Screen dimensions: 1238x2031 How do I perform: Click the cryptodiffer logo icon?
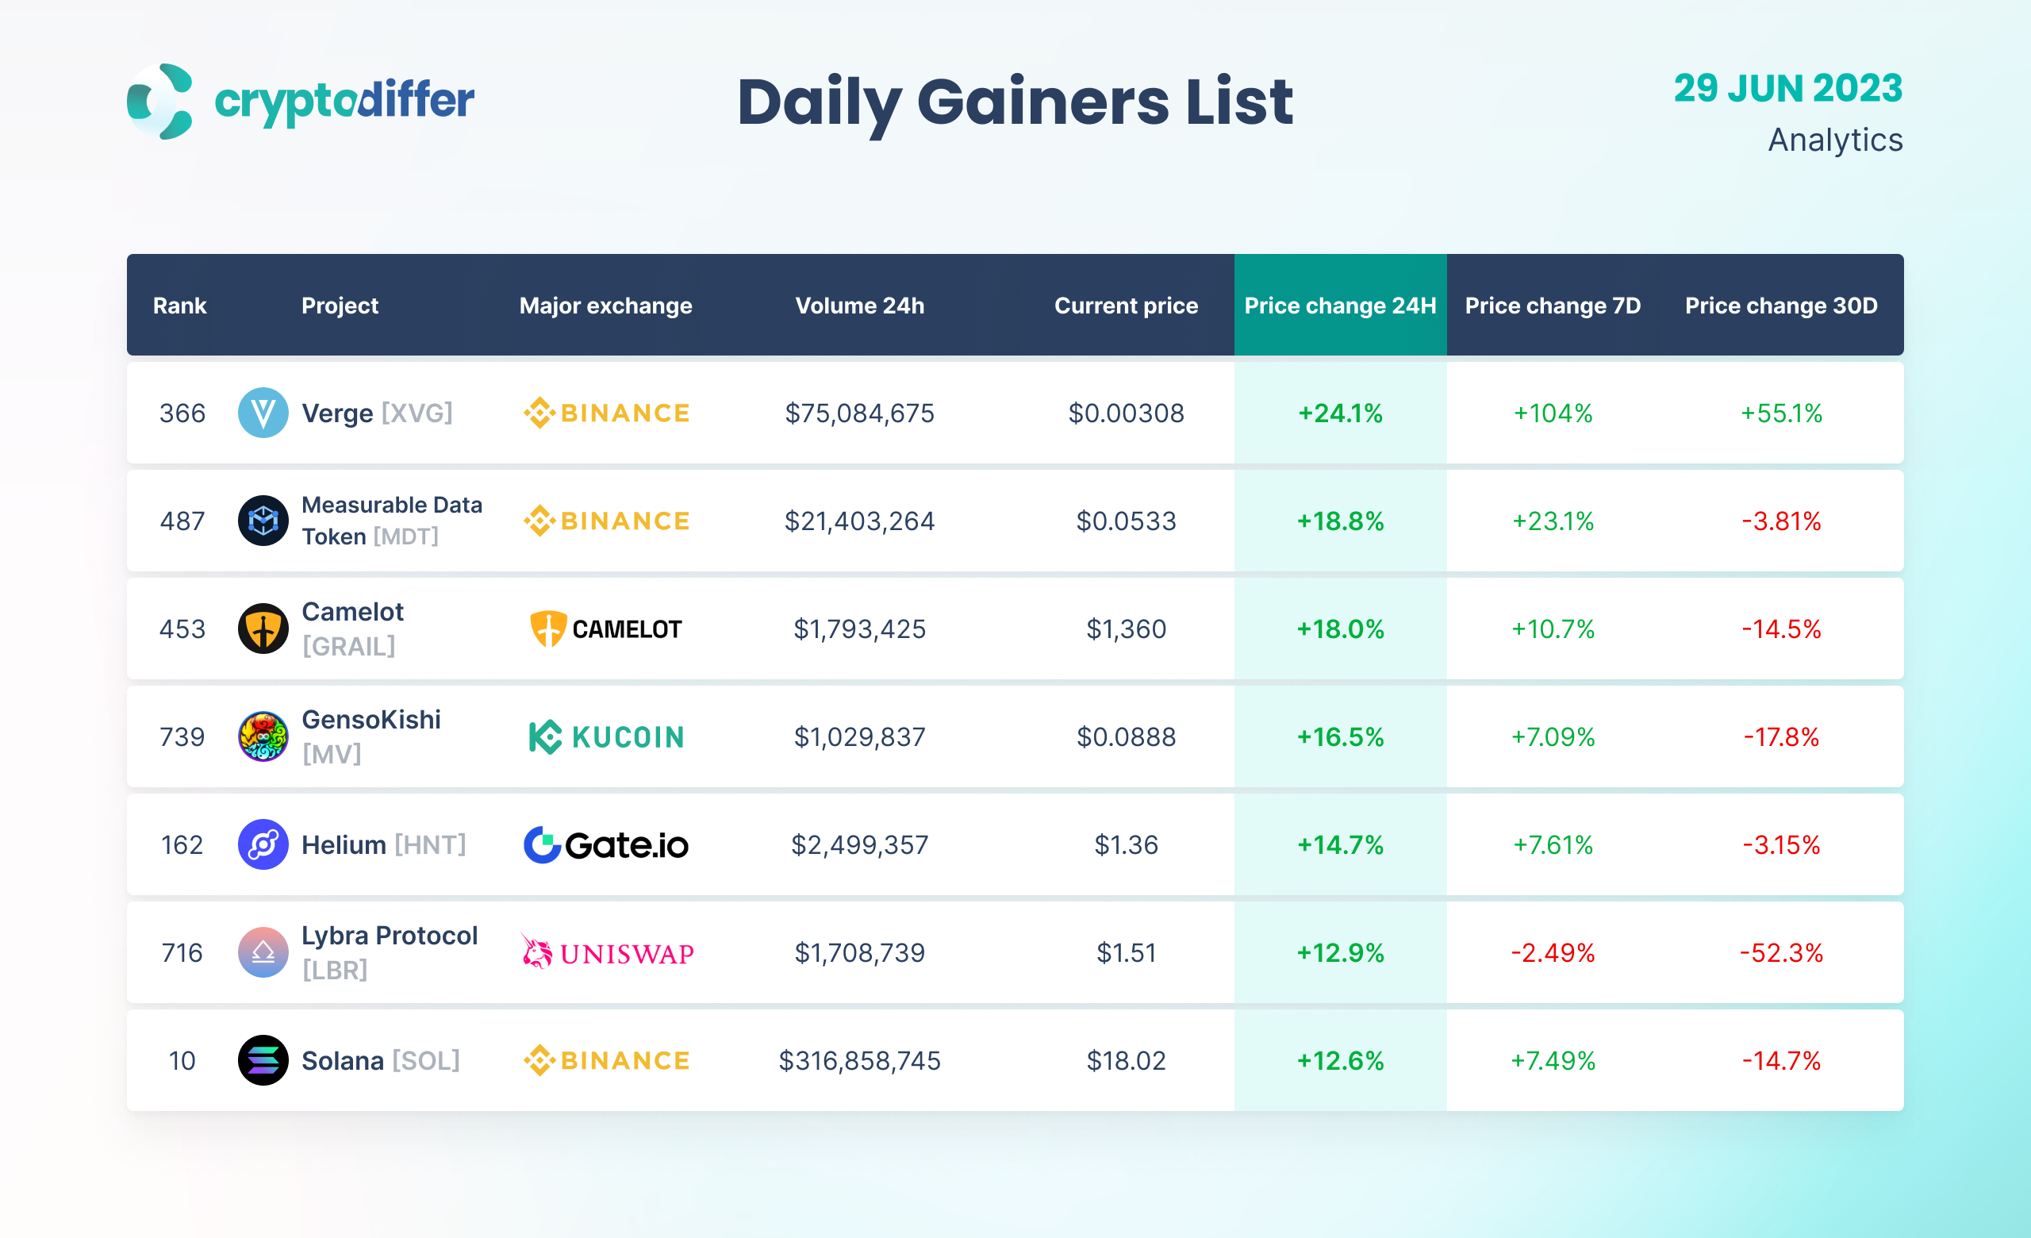pyautogui.click(x=160, y=102)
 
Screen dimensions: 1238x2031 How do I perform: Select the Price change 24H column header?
pyautogui.click(x=1339, y=306)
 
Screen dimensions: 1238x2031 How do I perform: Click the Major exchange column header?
pyautogui.click(x=605, y=306)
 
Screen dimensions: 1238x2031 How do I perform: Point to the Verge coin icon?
pyautogui.click(x=263, y=413)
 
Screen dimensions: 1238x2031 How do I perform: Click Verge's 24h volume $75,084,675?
pyautogui.click(x=859, y=413)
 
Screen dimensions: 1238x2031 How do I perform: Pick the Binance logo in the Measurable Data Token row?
pyautogui.click(x=607, y=521)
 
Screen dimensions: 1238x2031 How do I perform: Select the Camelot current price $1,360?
pyautogui.click(x=1125, y=629)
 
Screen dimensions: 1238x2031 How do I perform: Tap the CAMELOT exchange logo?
pyautogui.click(x=606, y=629)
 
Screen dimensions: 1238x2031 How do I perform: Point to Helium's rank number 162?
pyautogui.click(x=182, y=845)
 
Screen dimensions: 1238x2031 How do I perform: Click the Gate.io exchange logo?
pyautogui.click(x=606, y=845)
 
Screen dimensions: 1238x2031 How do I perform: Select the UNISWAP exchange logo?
pyautogui.click(x=608, y=953)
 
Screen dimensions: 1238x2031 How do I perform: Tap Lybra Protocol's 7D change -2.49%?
pyautogui.click(x=1552, y=953)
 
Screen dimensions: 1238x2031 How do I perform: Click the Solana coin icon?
pyautogui.click(x=263, y=1061)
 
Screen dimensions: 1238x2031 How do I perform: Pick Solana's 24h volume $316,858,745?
pyautogui.click(x=859, y=1061)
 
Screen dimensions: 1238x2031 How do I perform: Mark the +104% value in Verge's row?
pyautogui.click(x=1552, y=413)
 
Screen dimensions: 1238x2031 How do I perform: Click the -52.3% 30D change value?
pyautogui.click(x=1780, y=953)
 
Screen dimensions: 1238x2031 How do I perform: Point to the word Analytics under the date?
pyautogui.click(x=1835, y=140)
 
